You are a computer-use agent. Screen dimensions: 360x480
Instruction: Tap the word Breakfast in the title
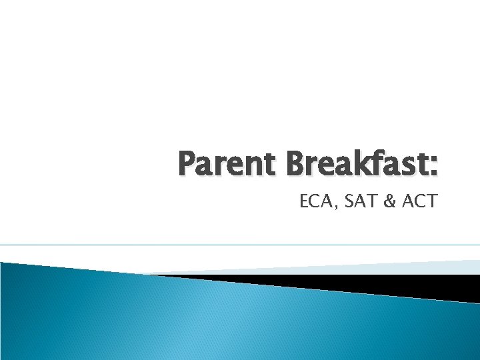[x=351, y=164]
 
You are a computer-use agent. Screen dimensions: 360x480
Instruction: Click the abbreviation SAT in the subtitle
[x=359, y=201]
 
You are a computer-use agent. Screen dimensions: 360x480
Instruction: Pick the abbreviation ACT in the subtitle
[x=419, y=201]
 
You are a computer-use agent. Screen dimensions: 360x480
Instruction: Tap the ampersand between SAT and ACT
[x=389, y=201]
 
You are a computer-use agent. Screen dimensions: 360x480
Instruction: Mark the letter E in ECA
[x=305, y=201]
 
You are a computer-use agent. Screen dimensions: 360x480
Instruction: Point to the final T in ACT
[x=431, y=201]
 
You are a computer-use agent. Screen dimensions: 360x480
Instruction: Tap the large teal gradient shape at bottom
[x=200, y=320]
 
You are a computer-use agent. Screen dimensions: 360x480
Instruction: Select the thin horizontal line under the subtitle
[x=240, y=245]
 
